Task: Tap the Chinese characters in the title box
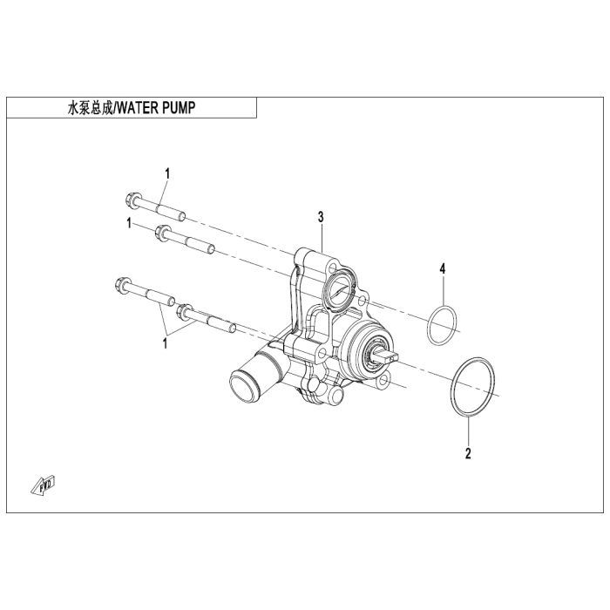(x=91, y=108)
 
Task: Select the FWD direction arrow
(x=44, y=485)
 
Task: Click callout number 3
(x=321, y=217)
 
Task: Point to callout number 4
(x=443, y=268)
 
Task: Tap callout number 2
(x=468, y=453)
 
